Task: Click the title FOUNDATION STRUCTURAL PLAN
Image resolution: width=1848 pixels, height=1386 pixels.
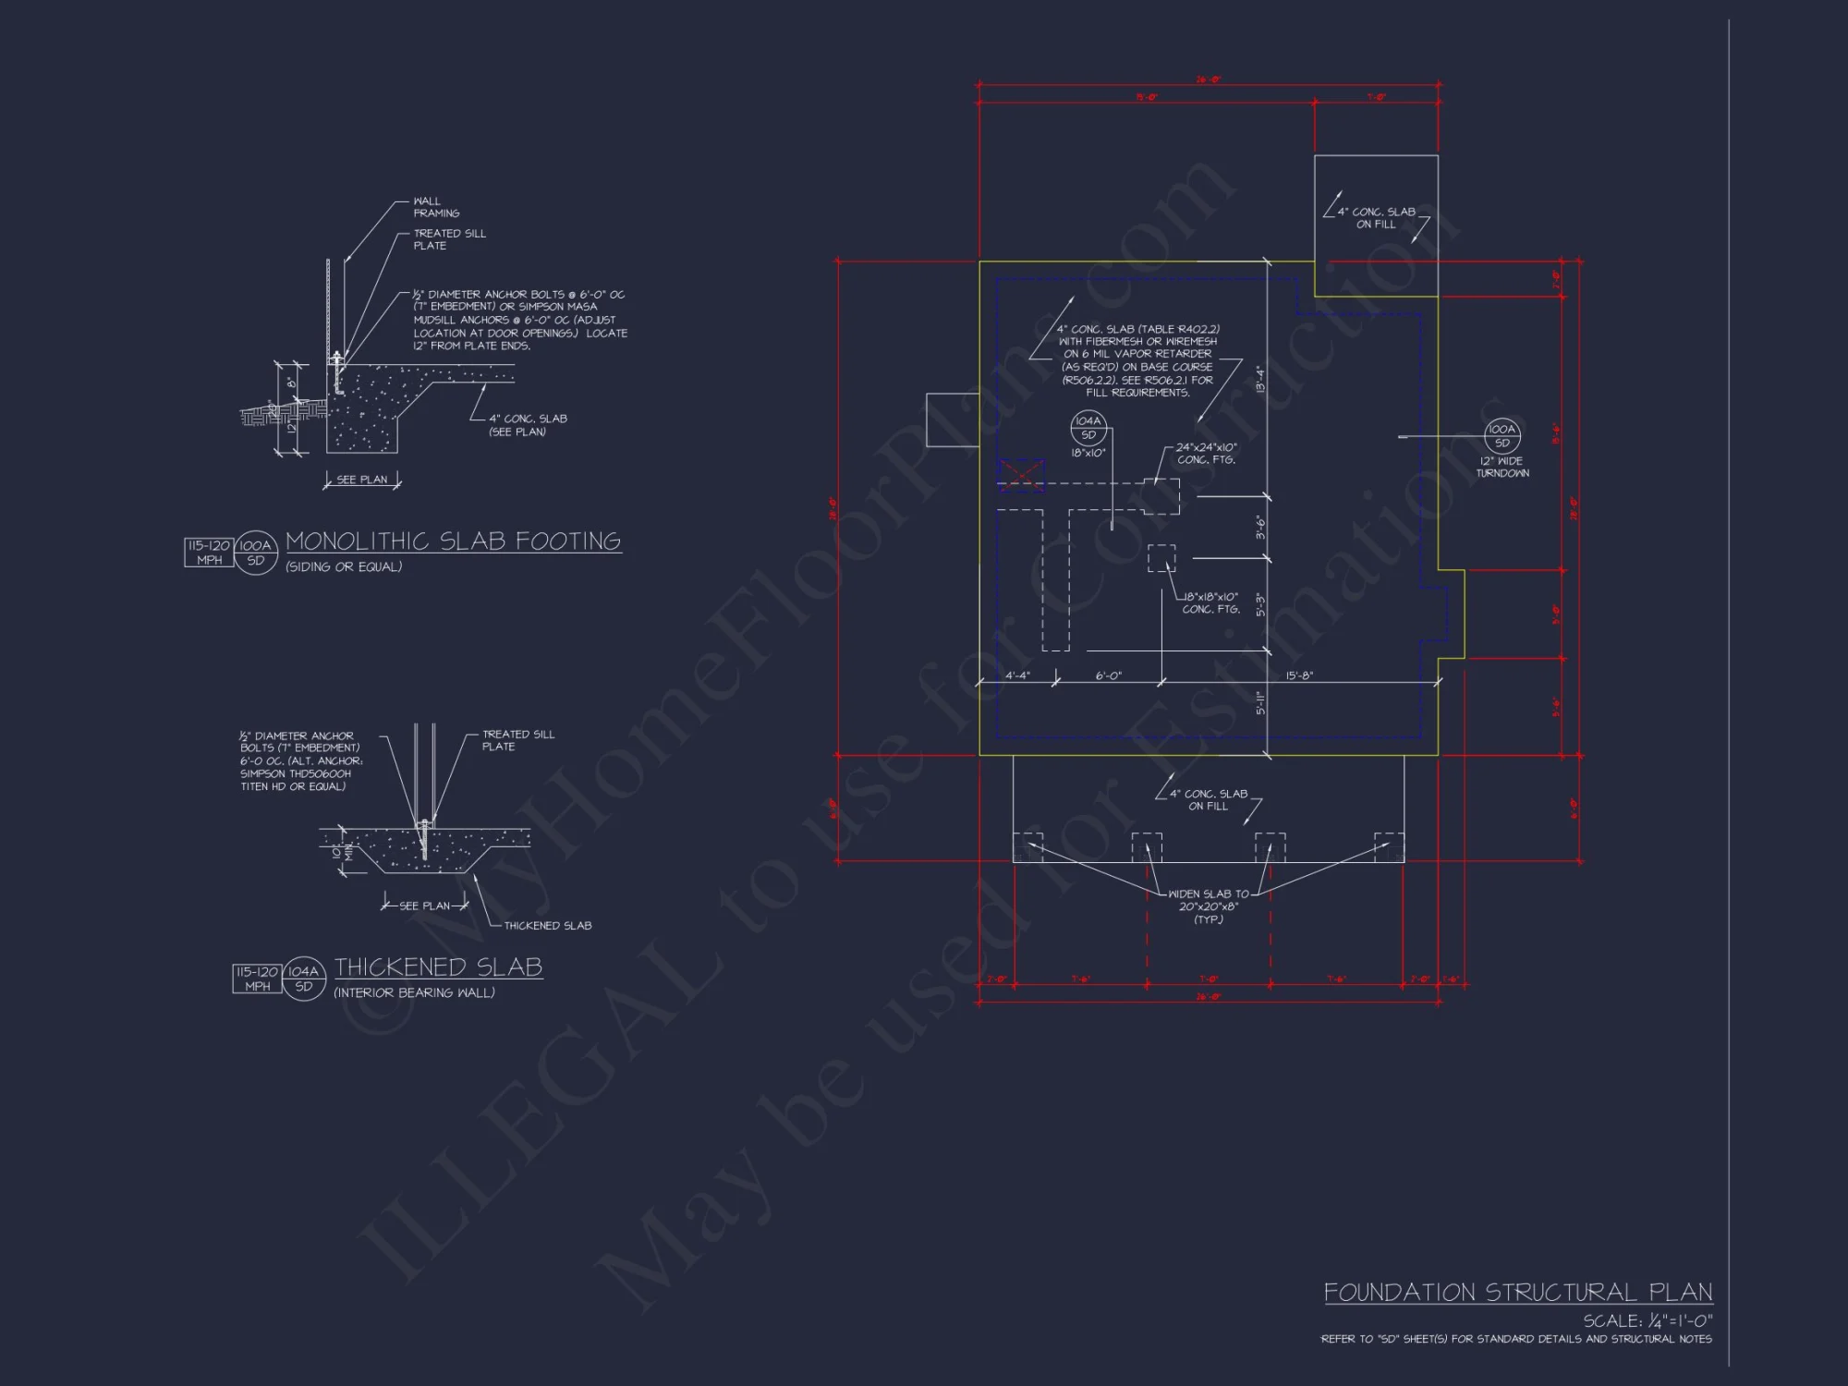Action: click(x=1517, y=1292)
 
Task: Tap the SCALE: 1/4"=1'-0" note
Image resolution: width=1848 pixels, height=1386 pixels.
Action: click(x=1647, y=1321)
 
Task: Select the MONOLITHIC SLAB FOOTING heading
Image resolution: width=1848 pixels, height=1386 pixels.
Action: click(x=453, y=541)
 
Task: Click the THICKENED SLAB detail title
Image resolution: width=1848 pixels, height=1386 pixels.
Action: click(x=438, y=967)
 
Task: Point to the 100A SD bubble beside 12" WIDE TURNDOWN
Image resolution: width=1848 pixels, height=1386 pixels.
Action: click(x=1502, y=435)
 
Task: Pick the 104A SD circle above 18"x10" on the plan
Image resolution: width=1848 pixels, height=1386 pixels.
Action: click(x=1088, y=428)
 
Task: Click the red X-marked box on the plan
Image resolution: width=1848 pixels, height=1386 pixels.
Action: click(x=1021, y=475)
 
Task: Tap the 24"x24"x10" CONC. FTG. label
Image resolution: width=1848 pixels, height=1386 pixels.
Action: click(x=1206, y=453)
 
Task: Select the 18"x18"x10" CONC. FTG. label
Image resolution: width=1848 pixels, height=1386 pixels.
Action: click(x=1210, y=602)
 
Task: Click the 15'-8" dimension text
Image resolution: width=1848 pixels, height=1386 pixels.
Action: click(x=1299, y=675)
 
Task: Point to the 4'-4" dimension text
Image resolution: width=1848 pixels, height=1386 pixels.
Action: click(x=1017, y=675)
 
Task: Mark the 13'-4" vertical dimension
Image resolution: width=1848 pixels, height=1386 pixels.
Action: click(x=1259, y=379)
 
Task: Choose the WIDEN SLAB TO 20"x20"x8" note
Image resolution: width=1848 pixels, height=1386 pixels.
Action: click(x=1208, y=906)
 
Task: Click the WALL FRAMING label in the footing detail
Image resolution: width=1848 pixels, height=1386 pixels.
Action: click(x=435, y=207)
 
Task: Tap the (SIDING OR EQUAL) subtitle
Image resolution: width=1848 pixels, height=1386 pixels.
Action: click(x=344, y=567)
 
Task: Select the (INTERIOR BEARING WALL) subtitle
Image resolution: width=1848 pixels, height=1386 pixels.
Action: click(x=414, y=993)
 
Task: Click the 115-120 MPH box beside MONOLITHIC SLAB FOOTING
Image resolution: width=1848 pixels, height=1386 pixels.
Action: click(x=209, y=553)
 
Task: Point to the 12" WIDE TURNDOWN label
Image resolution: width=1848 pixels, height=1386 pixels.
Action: click(x=1502, y=467)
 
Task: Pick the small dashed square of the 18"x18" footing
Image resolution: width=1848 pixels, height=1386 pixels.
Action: click(x=1161, y=558)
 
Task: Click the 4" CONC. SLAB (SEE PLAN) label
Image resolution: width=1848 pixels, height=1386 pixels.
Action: click(x=528, y=425)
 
